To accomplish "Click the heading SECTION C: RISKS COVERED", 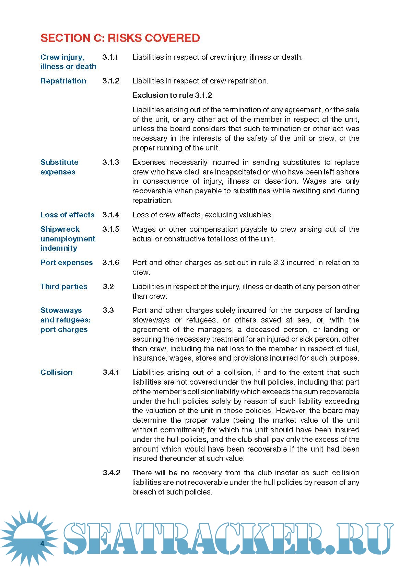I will (x=120, y=38).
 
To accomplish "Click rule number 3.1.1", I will (x=110, y=57).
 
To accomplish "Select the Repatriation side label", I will (x=63, y=81).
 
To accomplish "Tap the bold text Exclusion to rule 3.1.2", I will (x=172, y=95).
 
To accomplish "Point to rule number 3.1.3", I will (x=111, y=162).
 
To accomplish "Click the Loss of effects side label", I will (x=67, y=215).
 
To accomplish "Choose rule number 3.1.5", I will (x=111, y=229).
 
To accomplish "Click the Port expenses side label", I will (x=67, y=263).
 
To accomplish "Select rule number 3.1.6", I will (x=111, y=263).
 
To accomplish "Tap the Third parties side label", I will (x=64, y=287).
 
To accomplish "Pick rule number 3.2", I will (x=108, y=287).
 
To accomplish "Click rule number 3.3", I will (x=108, y=310).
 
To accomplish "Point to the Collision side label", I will (x=56, y=373).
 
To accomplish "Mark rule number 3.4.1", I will (x=111, y=373).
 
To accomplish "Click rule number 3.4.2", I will (x=111, y=473).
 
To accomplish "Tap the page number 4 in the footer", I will (x=42, y=543).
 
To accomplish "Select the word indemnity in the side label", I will (x=59, y=248).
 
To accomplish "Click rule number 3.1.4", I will (x=111, y=215).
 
